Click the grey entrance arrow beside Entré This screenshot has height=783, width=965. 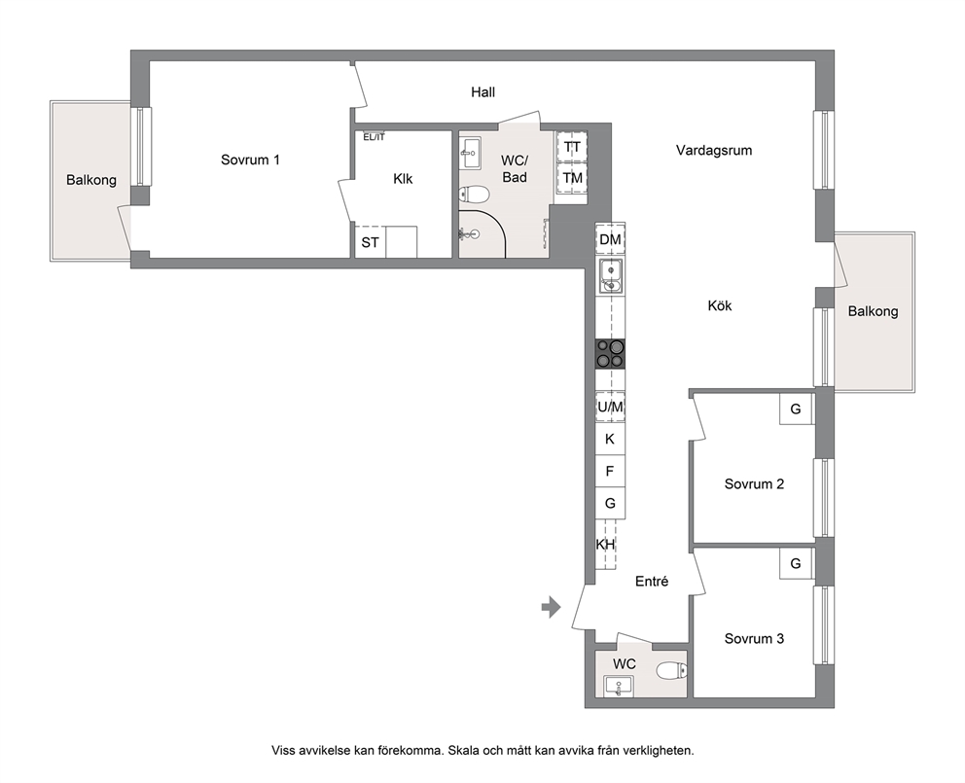551,608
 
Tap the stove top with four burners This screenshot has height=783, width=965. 610,354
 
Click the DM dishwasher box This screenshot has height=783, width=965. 610,239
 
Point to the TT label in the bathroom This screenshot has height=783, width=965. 572,148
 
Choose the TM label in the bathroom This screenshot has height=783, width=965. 572,178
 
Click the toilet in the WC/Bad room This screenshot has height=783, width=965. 474,196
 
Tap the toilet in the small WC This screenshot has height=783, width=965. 671,670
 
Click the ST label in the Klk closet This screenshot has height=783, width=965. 370,242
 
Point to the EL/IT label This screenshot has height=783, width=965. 374,137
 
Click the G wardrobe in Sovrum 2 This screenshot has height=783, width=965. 796,409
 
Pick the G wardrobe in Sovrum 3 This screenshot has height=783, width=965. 796,563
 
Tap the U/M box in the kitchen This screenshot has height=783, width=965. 610,407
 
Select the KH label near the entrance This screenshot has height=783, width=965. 606,544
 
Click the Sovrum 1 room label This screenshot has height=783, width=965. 250,160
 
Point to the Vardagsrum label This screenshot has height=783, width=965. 714,150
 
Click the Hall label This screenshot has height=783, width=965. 483,92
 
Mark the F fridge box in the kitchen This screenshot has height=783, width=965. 610,471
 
